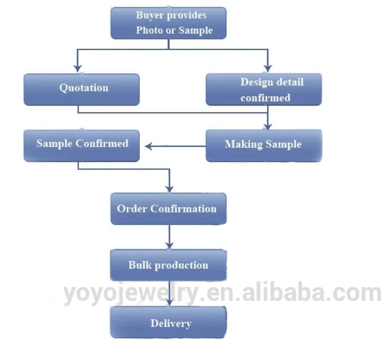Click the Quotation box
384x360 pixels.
(x=81, y=89)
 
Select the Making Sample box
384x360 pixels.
(x=263, y=145)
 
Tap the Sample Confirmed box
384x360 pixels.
(x=81, y=145)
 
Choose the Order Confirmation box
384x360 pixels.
(x=168, y=208)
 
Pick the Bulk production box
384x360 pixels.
(x=168, y=265)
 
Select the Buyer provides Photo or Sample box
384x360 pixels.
(x=168, y=23)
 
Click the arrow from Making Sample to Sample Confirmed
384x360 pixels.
(x=175, y=147)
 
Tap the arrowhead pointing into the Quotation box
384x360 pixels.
(x=78, y=68)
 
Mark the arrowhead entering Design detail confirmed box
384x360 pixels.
(x=268, y=68)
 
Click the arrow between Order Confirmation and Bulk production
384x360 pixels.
(x=170, y=237)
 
